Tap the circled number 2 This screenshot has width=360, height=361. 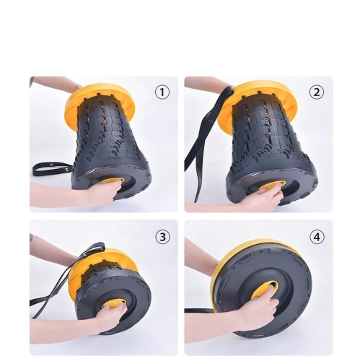coord(317,92)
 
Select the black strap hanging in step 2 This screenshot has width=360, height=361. coord(198,155)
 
